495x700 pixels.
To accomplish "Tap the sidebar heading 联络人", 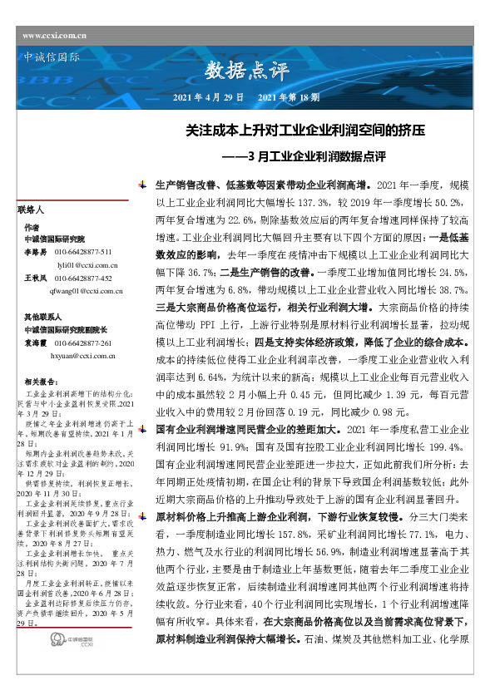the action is pyautogui.click(x=31, y=211).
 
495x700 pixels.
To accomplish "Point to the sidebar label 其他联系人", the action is pyautogui.click(x=41, y=318).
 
